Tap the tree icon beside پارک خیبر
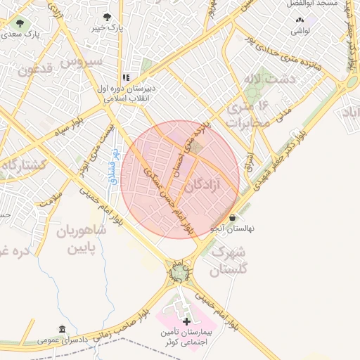pyautogui.click(x=107, y=17)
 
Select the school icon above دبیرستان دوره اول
pyautogui.click(x=126, y=78)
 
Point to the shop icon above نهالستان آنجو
pyautogui.click(x=233, y=218)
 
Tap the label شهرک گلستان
pyautogui.click(x=229, y=260)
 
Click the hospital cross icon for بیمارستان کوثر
pyautogui.click(x=186, y=321)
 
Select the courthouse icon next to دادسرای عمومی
pyautogui.click(x=63, y=329)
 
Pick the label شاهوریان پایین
pyautogui.click(x=77, y=239)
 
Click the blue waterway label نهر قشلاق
pyautogui.click(x=115, y=167)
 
